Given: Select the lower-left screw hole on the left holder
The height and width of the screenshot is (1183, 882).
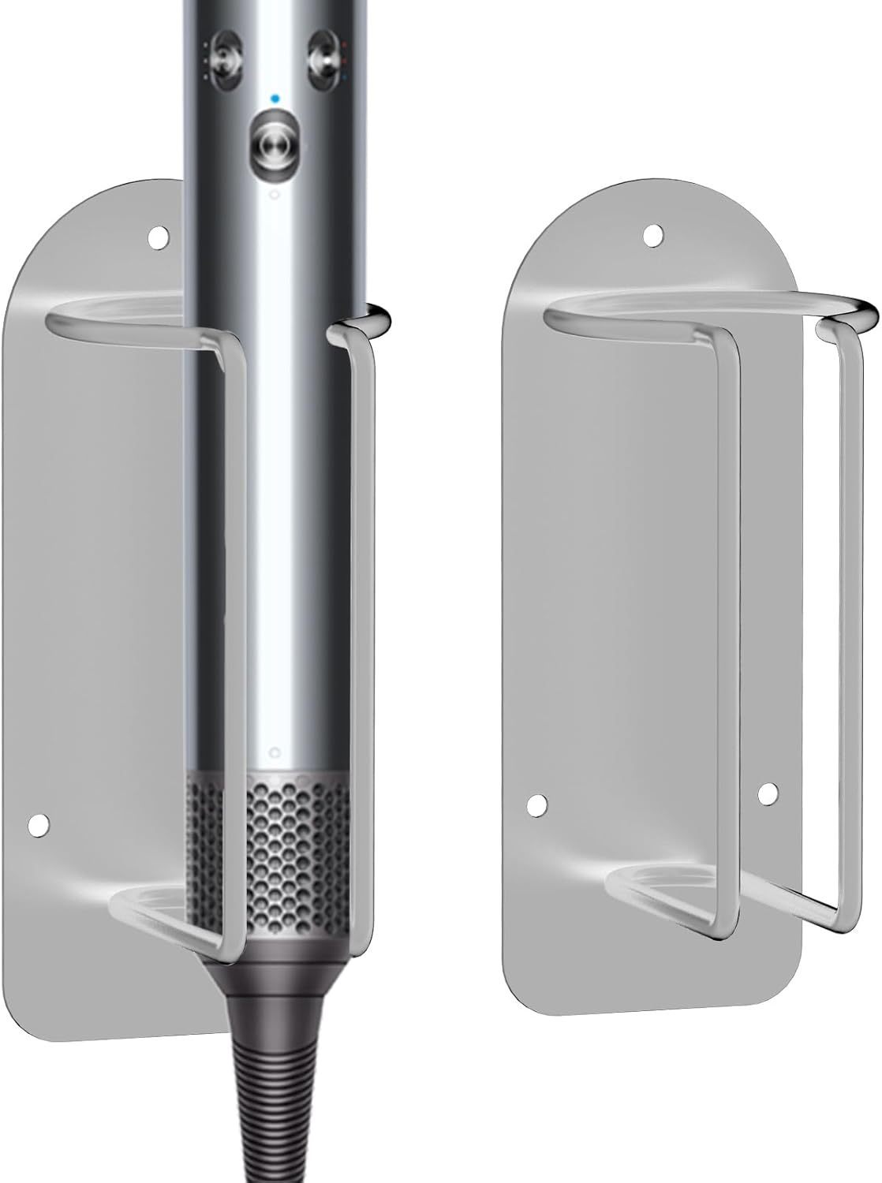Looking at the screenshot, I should pos(36,823).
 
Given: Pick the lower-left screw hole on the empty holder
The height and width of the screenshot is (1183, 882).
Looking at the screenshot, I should pos(536,804).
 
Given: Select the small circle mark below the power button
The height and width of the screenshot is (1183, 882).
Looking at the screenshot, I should pos(274,194).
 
